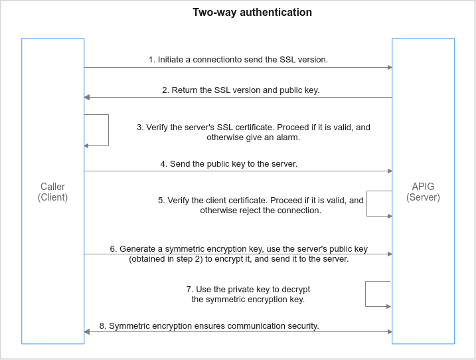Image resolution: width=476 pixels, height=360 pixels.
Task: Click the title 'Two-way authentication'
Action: tap(252, 13)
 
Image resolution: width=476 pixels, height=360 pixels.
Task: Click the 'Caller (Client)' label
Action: tap(53, 192)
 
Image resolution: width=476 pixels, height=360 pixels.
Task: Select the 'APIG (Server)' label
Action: tap(423, 192)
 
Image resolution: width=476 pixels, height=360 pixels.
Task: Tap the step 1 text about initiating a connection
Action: tap(238, 60)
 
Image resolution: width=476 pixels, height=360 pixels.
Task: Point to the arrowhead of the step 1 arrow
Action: tap(390, 68)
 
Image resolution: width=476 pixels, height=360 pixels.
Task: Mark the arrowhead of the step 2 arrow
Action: tap(87, 97)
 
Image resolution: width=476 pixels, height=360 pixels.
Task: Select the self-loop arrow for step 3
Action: tap(108, 130)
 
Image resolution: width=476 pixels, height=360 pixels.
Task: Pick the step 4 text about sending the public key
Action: tap(228, 164)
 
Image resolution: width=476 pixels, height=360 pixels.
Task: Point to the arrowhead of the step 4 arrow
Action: tap(390, 171)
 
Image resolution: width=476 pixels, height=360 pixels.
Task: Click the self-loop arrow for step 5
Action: tap(366, 203)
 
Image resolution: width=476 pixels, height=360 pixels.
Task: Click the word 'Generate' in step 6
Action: tap(137, 249)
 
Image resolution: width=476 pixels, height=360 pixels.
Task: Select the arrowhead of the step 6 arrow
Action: tap(390, 254)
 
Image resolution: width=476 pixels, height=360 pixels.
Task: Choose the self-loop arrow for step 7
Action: tap(366, 294)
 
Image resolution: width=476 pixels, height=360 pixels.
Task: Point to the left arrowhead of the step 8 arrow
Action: tap(87, 331)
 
